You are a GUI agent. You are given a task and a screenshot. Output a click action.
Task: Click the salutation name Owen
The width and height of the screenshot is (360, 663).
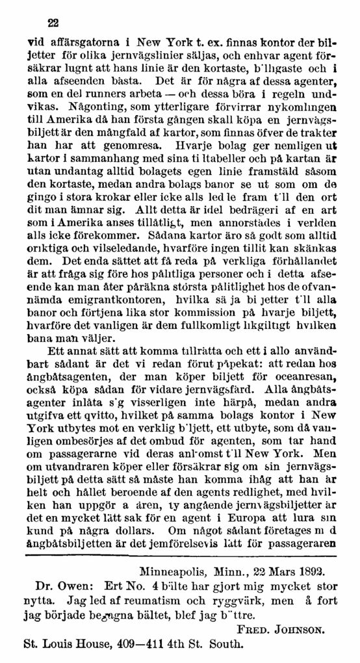point(68,589)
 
